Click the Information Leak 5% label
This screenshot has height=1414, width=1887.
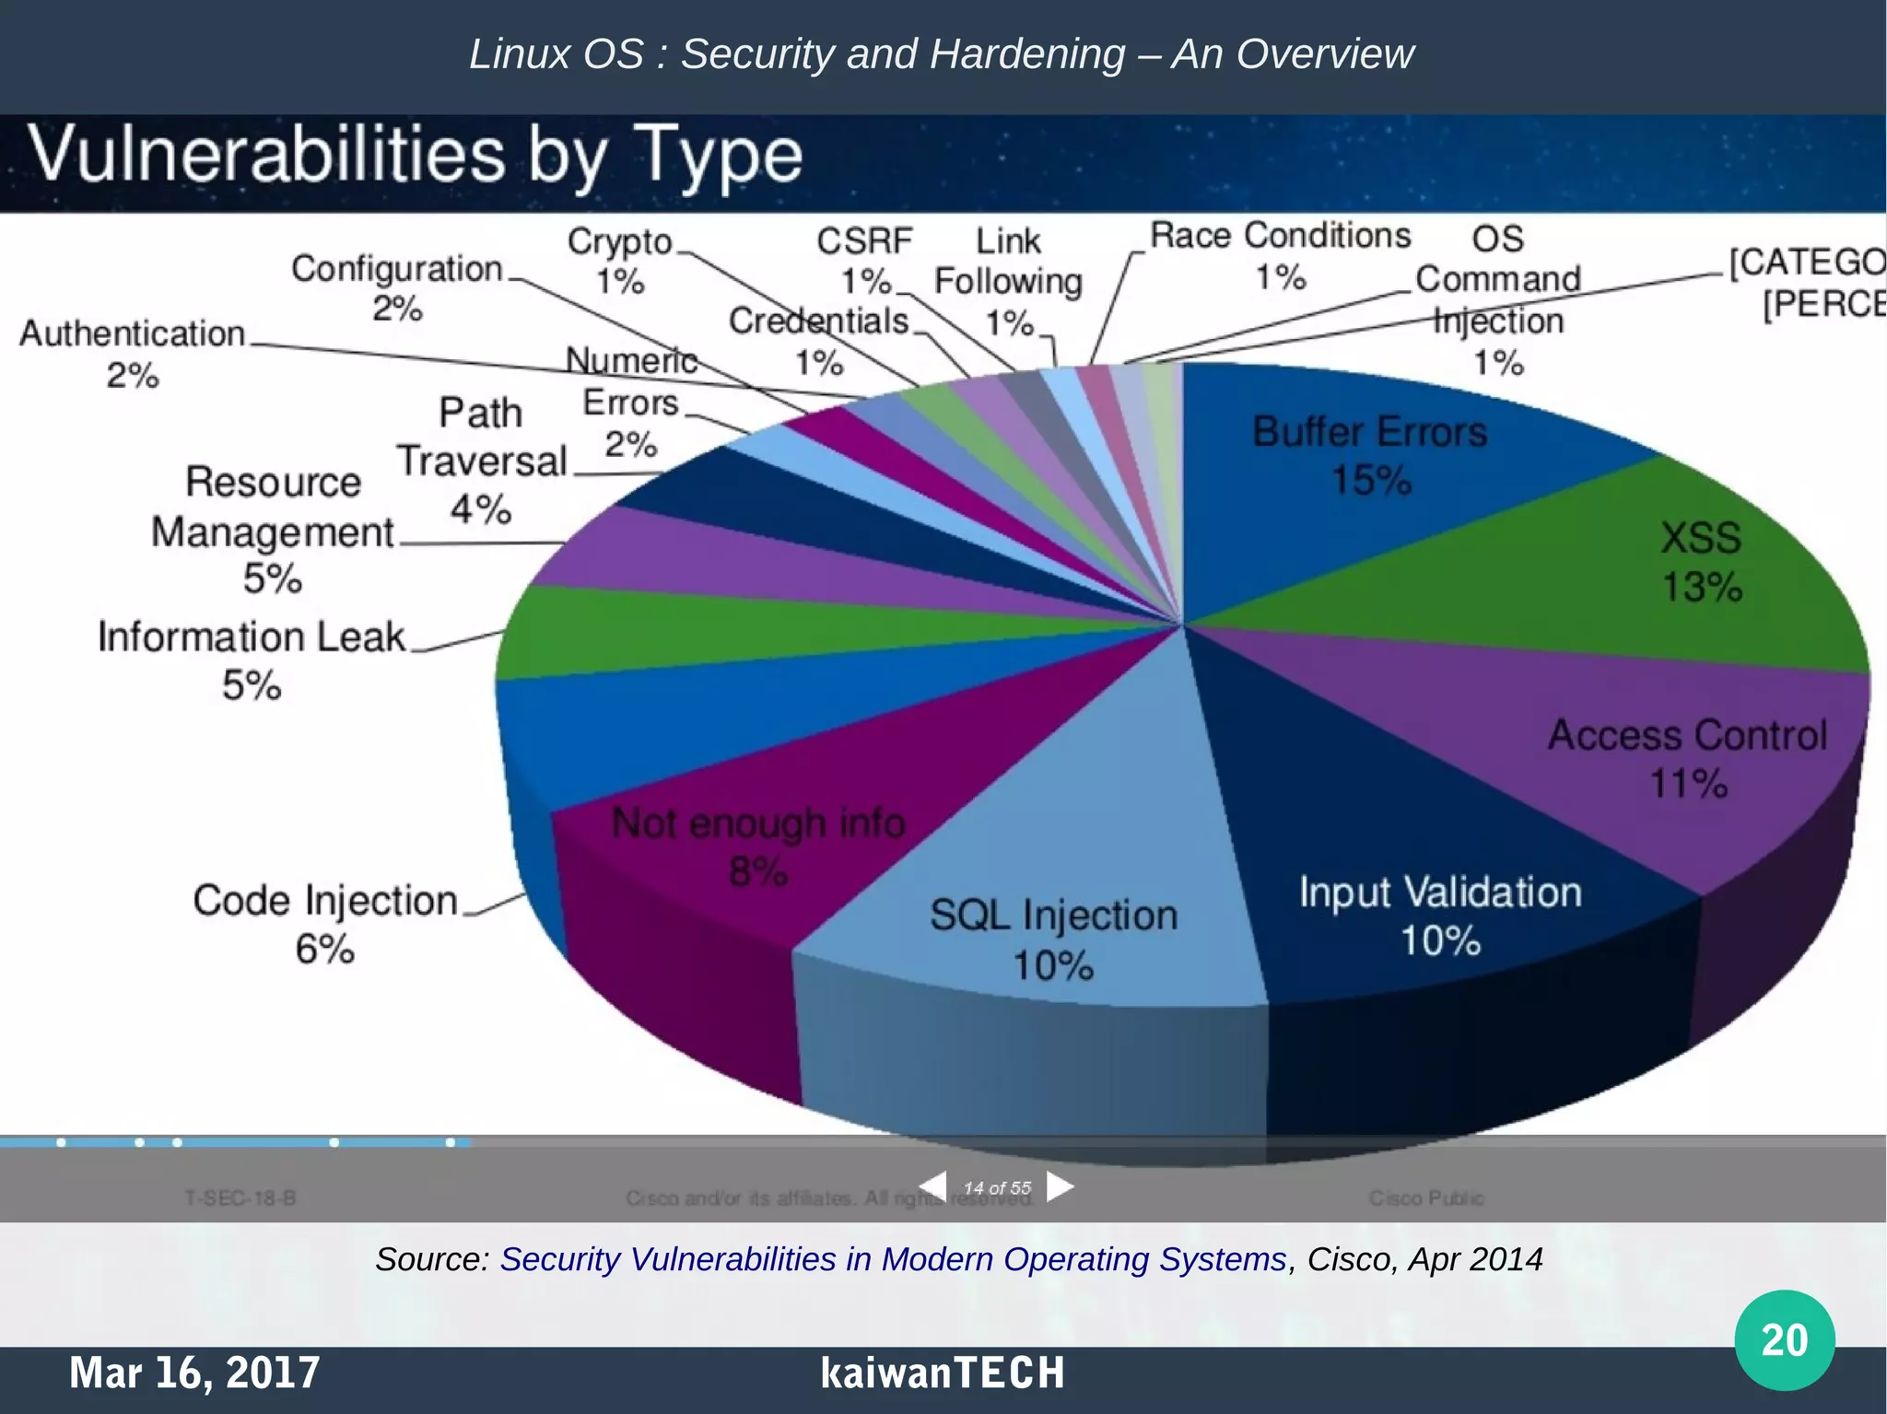coord(251,660)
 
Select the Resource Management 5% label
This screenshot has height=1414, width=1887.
coord(272,531)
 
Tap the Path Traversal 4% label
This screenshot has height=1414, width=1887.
coord(480,461)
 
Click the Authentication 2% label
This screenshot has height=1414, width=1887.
coord(133,354)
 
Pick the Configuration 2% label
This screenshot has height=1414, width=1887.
coord(397,287)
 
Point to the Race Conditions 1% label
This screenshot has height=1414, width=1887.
coord(1280,255)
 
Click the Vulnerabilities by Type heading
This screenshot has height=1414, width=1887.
coord(416,156)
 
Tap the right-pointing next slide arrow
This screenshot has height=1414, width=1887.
coord(1061,1186)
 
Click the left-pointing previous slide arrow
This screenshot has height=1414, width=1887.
coord(933,1186)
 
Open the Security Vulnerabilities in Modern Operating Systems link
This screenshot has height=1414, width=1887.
coord(892,1258)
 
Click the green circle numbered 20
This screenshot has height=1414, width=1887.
coord(1784,1339)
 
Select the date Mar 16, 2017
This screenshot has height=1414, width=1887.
coord(194,1373)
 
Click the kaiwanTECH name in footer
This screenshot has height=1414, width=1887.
coord(942,1373)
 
